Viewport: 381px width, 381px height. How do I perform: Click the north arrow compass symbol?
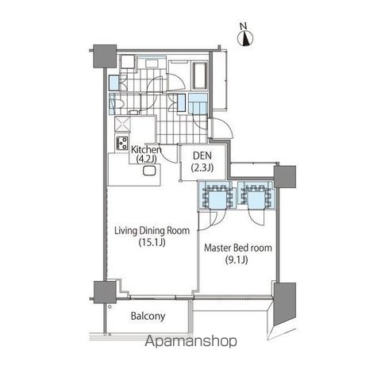pyautogui.click(x=246, y=39)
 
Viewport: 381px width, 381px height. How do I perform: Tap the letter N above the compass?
pyautogui.click(x=243, y=26)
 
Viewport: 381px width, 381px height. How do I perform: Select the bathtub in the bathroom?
pyautogui.click(x=199, y=76)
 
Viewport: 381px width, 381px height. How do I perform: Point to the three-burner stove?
pyautogui.click(x=122, y=143)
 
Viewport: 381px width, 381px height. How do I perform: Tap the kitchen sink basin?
pyautogui.click(x=149, y=171)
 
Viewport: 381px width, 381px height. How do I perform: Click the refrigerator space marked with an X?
pyautogui.click(x=122, y=124)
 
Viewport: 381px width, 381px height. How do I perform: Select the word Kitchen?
pyautogui.click(x=146, y=149)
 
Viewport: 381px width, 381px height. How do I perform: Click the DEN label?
pyautogui.click(x=202, y=156)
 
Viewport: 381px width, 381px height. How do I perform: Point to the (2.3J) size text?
pyautogui.click(x=202, y=167)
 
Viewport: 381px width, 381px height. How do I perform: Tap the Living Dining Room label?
pyautogui.click(x=152, y=230)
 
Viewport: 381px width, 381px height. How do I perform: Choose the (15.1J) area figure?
pyautogui.click(x=152, y=242)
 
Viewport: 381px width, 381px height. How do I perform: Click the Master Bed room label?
pyautogui.click(x=238, y=248)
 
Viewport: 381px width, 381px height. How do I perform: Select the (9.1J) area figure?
pyautogui.click(x=237, y=260)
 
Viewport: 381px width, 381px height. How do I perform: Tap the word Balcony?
pyautogui.click(x=148, y=316)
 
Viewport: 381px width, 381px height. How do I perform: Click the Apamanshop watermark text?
pyautogui.click(x=190, y=341)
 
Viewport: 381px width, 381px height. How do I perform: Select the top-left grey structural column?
pyautogui.click(x=105, y=56)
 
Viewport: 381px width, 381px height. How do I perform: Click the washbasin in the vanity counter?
pyautogui.click(x=152, y=63)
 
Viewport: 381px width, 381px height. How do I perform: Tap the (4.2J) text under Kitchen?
pyautogui.click(x=146, y=160)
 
